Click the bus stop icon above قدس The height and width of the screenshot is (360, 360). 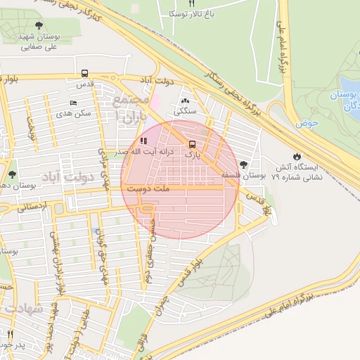pos(84,73)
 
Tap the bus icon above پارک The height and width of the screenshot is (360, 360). pos(192,144)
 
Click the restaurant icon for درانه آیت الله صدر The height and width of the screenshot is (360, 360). pos(145,141)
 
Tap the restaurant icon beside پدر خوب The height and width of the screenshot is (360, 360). pos(10,334)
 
